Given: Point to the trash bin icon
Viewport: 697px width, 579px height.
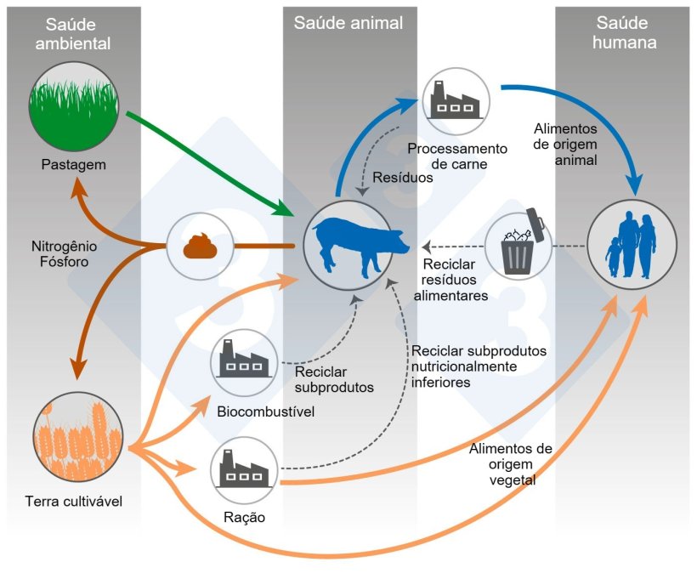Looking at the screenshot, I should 518,247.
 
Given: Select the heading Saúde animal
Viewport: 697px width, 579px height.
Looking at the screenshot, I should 348,22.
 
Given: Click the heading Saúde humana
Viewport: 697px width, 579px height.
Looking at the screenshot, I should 626,31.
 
